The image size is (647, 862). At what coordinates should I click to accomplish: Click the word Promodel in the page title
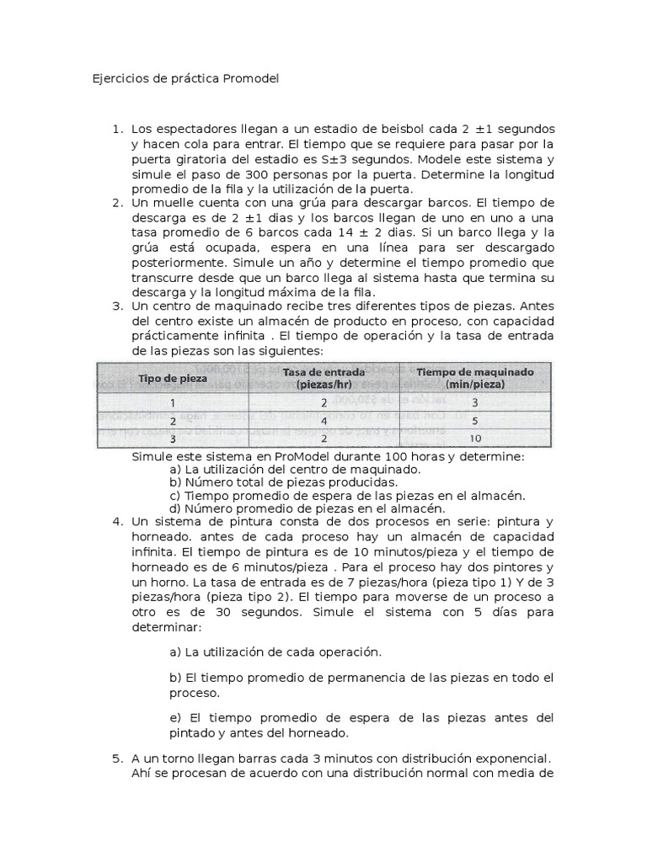coord(250,78)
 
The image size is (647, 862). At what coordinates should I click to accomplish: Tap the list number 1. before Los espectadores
coord(117,129)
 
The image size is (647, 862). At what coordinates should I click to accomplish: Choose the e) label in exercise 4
coord(175,718)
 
